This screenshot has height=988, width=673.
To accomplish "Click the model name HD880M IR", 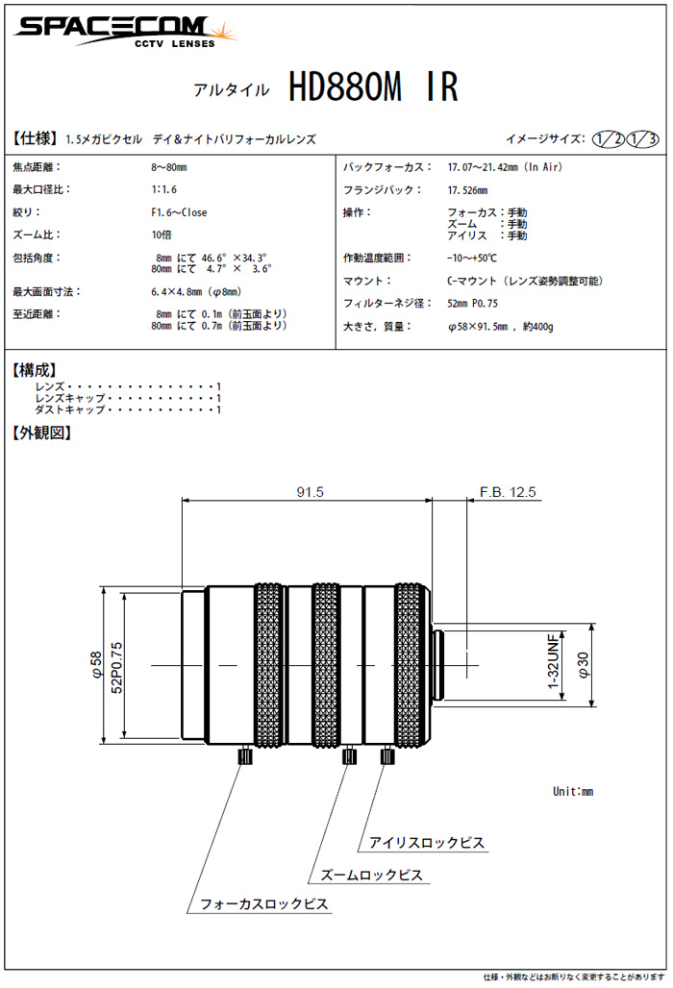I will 373,88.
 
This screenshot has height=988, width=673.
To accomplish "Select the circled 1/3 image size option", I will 642,139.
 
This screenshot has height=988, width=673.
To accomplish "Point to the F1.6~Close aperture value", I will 179,212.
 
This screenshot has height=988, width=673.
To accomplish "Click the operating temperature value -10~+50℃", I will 472,258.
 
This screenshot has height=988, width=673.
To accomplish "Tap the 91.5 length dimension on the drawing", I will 310,492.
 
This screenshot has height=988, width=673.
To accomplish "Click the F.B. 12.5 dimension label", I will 508,492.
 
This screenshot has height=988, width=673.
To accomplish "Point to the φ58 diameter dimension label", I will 95,666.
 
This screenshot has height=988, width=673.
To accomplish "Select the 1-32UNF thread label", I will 553,665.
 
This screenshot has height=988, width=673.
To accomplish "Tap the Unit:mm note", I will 573,791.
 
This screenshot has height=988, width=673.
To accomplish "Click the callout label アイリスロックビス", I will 427,844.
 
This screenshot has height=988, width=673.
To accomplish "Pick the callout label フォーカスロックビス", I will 263,904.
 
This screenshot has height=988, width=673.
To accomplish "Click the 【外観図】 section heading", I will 41,432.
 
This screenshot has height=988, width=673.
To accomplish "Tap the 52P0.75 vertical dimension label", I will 118,666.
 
